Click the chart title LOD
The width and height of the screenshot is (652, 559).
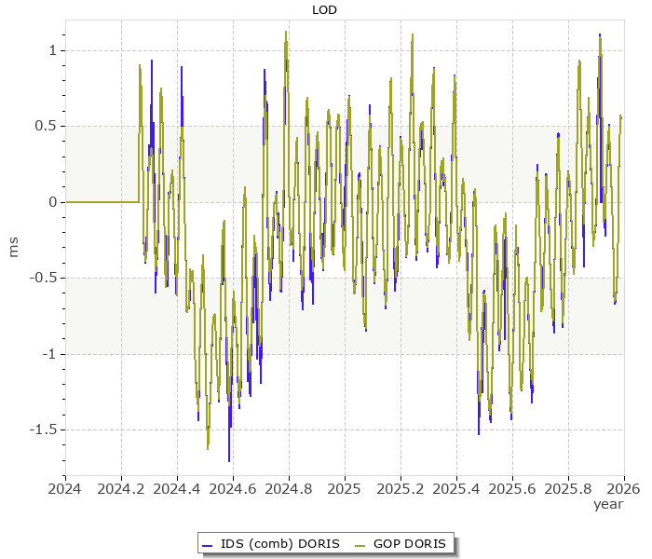pyautogui.click(x=324, y=10)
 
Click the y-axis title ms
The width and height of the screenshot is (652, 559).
pyautogui.click(x=13, y=247)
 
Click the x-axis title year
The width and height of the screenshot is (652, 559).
pyautogui.click(x=608, y=504)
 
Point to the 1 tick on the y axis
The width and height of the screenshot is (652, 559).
pyautogui.click(x=52, y=50)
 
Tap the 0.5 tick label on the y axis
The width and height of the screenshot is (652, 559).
pyautogui.click(x=47, y=126)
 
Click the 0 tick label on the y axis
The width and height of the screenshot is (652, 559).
pyautogui.click(x=52, y=202)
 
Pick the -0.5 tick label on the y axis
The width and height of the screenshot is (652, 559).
pyautogui.click(x=44, y=278)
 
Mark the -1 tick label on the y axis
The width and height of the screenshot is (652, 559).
pyautogui.click(x=49, y=354)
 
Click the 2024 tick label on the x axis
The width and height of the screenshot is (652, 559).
pyautogui.click(x=65, y=487)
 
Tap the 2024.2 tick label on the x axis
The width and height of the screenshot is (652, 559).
pyautogui.click(x=121, y=487)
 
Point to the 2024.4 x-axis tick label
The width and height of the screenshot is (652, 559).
pyautogui.click(x=177, y=487)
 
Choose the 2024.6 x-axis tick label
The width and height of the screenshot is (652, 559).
pyautogui.click(x=233, y=487)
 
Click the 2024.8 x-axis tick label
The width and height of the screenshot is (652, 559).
pyautogui.click(x=289, y=487)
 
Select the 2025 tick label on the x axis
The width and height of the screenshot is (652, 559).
pyautogui.click(x=345, y=487)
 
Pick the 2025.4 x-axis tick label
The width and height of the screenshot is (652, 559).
pyautogui.click(x=456, y=487)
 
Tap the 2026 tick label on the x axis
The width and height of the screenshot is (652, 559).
pyautogui.click(x=623, y=487)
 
